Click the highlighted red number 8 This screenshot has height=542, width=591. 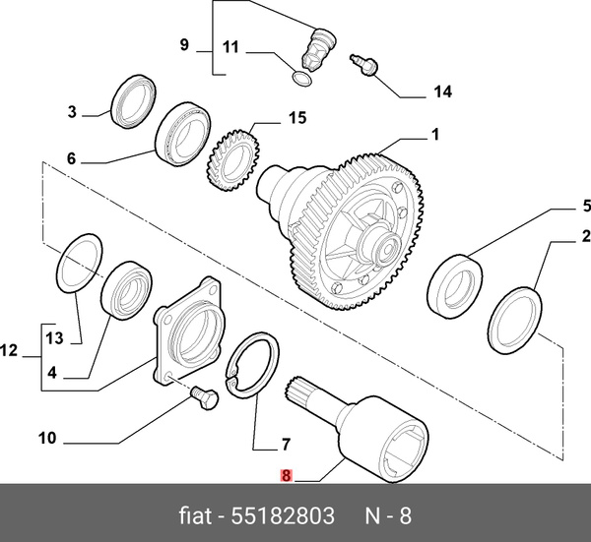click(x=286, y=476)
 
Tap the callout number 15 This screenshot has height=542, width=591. click(x=297, y=118)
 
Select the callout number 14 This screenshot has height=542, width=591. click(x=442, y=91)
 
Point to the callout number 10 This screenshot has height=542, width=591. click(x=47, y=438)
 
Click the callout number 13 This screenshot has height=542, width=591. click(x=54, y=338)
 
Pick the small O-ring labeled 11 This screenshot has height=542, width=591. click(x=302, y=79)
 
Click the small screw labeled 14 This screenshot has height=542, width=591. click(x=363, y=65)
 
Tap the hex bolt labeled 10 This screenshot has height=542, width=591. click(x=205, y=397)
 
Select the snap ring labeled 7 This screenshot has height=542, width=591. click(x=252, y=365)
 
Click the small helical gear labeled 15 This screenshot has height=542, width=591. click(x=233, y=160)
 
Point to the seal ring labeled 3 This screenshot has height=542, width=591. click(x=134, y=101)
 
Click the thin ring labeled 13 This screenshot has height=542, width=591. click(x=79, y=263)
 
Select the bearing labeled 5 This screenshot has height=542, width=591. click(x=455, y=287)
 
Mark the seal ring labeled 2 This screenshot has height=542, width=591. click(x=514, y=321)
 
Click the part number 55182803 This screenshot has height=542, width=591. click(x=283, y=515)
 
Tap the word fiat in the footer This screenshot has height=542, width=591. click(x=195, y=515)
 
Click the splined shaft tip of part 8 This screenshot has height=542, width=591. click(x=293, y=389)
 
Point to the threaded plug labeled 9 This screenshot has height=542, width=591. click(x=319, y=49)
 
